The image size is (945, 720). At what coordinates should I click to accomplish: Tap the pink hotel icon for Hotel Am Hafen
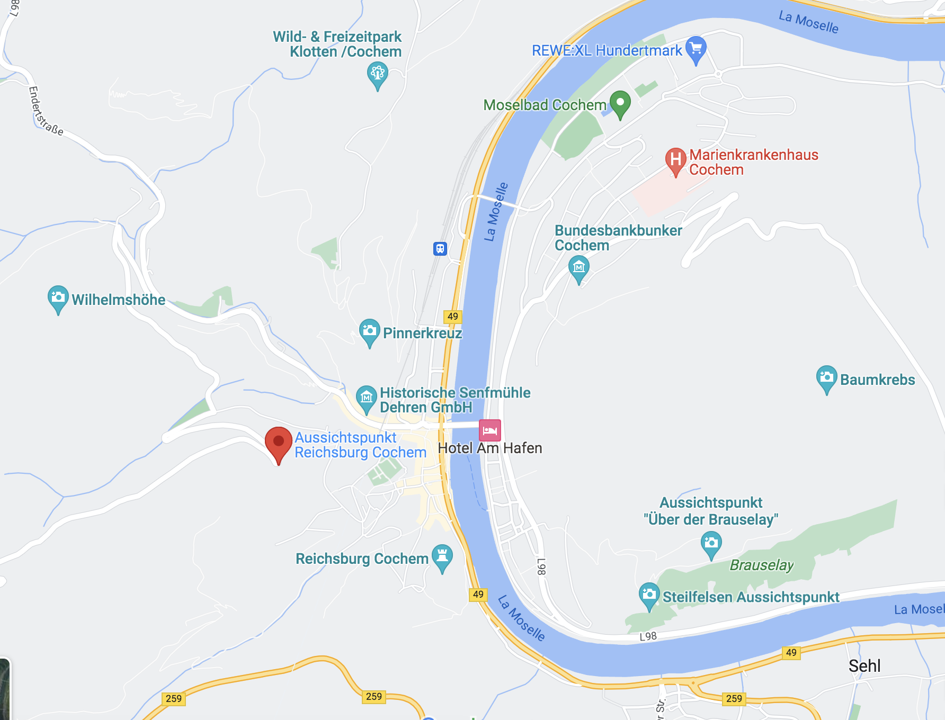[x=489, y=430]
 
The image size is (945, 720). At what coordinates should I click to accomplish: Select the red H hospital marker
[x=675, y=159]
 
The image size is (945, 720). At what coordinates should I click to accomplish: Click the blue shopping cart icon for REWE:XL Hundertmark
[x=696, y=49]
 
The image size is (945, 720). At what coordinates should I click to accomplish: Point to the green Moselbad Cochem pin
[x=620, y=103]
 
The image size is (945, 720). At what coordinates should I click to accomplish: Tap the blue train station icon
[x=440, y=248]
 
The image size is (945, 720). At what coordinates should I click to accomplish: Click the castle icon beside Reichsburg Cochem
[x=442, y=556]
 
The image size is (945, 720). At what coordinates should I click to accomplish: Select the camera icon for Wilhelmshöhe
[x=58, y=298]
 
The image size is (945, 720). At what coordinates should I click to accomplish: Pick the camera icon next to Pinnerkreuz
[x=369, y=331]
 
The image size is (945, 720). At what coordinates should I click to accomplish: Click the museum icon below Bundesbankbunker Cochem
[x=578, y=267]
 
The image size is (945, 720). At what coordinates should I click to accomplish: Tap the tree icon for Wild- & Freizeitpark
[x=377, y=74]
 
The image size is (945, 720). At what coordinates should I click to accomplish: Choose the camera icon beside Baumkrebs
[x=826, y=377]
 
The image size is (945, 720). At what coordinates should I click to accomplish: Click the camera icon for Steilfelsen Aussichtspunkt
[x=649, y=595]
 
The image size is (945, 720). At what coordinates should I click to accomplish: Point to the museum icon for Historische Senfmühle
[x=366, y=397]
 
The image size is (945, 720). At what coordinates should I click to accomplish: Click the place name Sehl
[x=864, y=665]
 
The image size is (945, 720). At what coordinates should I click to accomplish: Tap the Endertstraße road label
[x=45, y=111]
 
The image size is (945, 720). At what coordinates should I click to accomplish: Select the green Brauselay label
[x=762, y=565]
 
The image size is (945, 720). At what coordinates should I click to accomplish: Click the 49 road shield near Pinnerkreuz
[x=452, y=317]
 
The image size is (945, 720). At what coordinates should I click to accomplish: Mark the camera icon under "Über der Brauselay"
[x=711, y=543]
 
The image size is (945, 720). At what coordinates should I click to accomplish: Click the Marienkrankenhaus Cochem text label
[x=753, y=162]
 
